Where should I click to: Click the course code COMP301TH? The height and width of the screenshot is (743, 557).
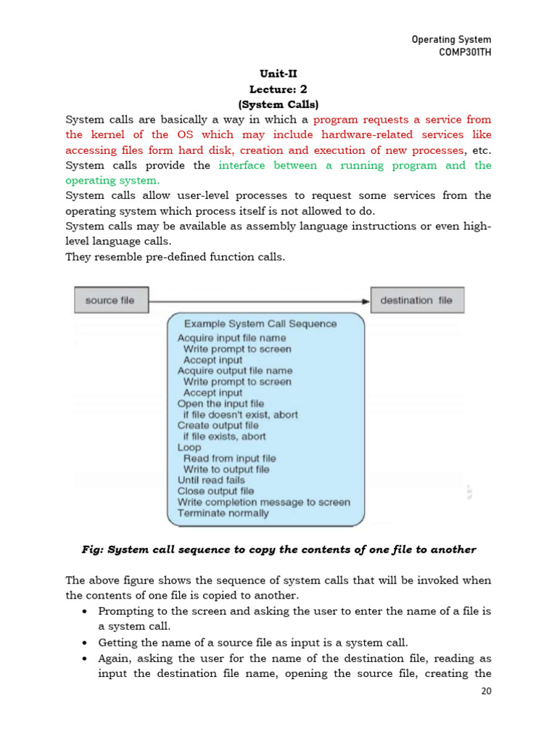[461, 52]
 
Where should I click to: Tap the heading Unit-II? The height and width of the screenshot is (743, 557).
[278, 74]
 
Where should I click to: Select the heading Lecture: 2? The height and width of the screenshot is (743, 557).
[278, 89]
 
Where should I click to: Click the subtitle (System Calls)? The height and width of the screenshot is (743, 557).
[278, 104]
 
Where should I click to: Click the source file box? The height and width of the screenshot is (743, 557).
[110, 300]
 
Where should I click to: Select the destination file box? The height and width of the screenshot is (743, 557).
[416, 300]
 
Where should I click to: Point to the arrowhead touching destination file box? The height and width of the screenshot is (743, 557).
[366, 300]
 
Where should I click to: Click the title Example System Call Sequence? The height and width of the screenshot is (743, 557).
[260, 324]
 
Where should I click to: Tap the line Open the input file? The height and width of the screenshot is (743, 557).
[220, 403]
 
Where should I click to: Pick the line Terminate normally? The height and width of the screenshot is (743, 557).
[223, 513]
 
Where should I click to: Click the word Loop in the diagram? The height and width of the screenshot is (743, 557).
[189, 448]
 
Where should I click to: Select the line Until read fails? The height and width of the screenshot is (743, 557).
[211, 480]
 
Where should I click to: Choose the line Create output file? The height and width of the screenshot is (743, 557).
[218, 425]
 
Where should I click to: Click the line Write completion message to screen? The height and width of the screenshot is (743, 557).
[263, 502]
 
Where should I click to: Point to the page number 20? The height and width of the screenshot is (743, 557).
[486, 691]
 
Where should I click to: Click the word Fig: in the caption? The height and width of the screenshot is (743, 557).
[93, 549]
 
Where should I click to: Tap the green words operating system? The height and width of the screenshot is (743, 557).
[112, 180]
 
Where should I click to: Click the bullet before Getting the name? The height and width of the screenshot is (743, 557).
[85, 643]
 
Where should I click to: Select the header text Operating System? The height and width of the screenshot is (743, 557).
[451, 39]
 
